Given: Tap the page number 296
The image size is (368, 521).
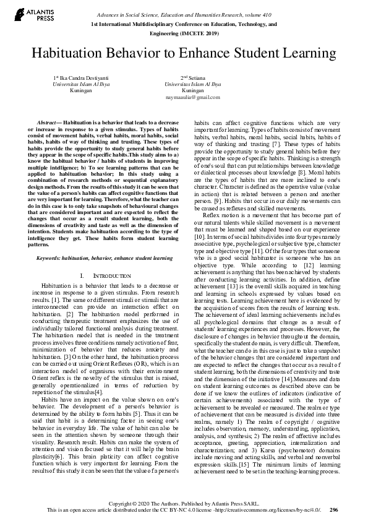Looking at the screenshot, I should point(334,510).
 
